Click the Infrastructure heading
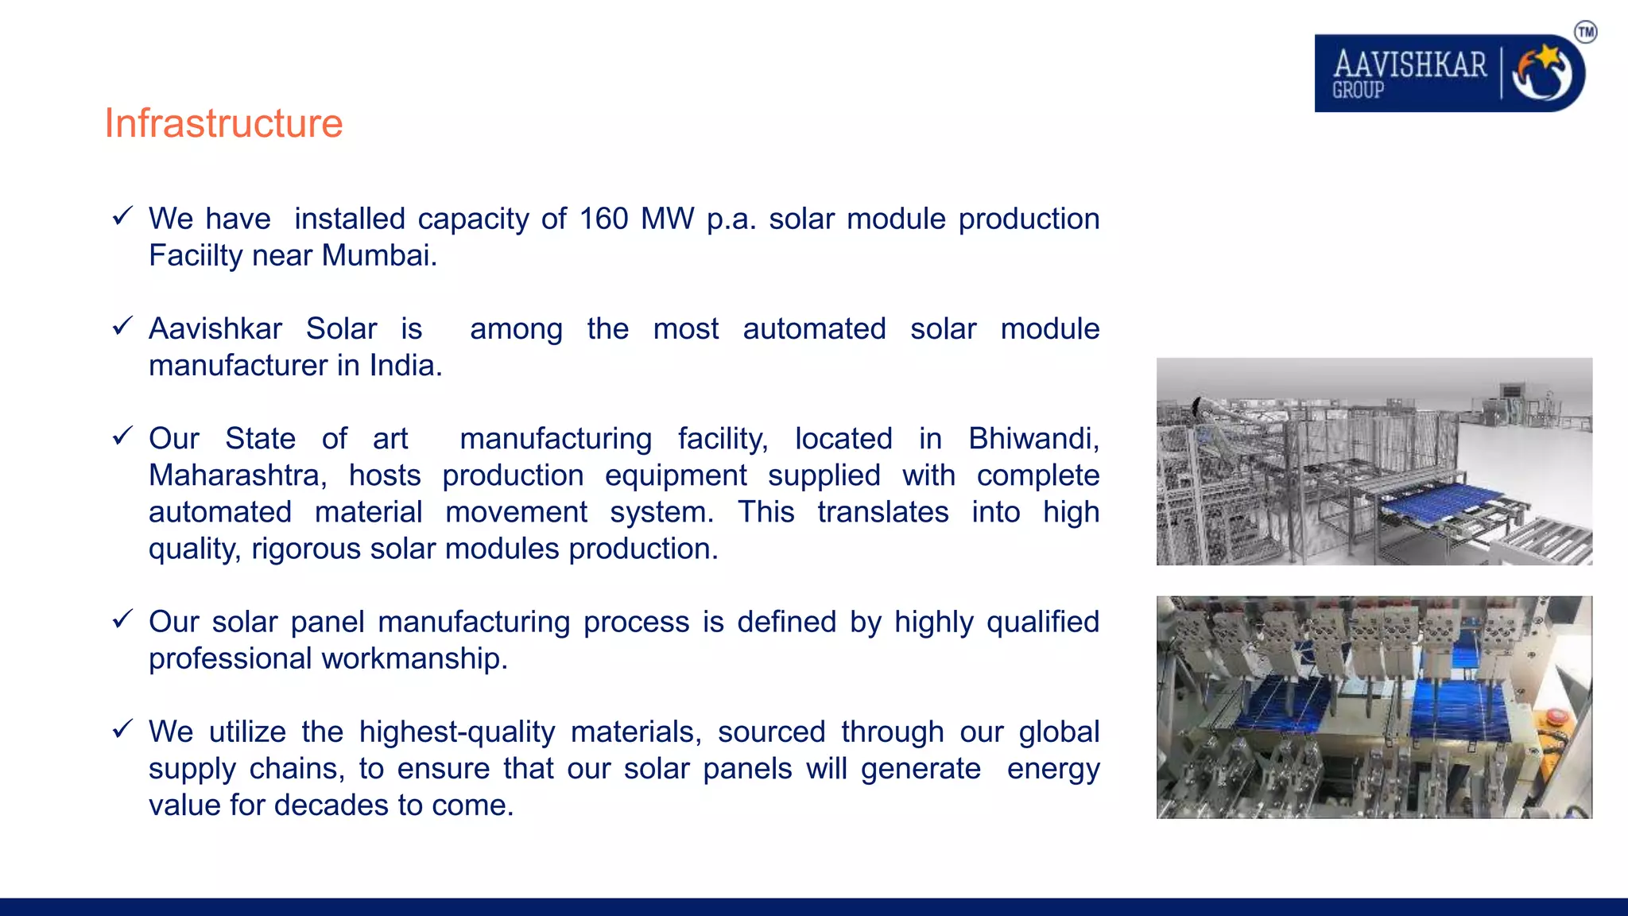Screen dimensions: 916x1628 [223, 124]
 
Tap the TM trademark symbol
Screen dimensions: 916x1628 [1585, 33]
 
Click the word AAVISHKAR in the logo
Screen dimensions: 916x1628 [1409, 64]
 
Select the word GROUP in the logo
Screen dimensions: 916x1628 [1358, 91]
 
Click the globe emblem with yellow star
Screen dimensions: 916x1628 [1542, 73]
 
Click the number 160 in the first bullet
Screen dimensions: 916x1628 [603, 219]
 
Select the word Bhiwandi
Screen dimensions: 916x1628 [1033, 439]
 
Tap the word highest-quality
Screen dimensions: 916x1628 [457, 732]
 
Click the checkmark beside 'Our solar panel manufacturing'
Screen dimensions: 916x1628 [122, 619]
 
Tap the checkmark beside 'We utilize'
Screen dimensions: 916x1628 [122, 729]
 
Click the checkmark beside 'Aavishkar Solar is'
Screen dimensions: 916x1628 [122, 326]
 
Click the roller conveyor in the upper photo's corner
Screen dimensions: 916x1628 [1550, 541]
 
